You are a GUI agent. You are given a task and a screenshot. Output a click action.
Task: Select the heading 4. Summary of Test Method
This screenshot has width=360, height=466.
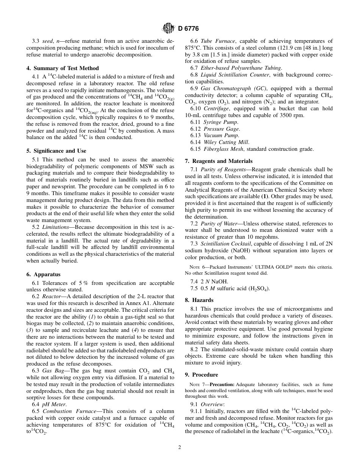[63, 68]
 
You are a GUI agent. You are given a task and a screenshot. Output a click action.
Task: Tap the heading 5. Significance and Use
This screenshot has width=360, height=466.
[56, 151]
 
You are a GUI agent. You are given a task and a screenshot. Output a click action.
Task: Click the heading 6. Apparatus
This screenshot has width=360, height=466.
[43, 274]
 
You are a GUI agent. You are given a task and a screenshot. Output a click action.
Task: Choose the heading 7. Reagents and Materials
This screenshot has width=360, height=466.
[219, 161]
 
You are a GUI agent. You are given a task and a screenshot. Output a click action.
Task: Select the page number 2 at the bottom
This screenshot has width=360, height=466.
[180, 447]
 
